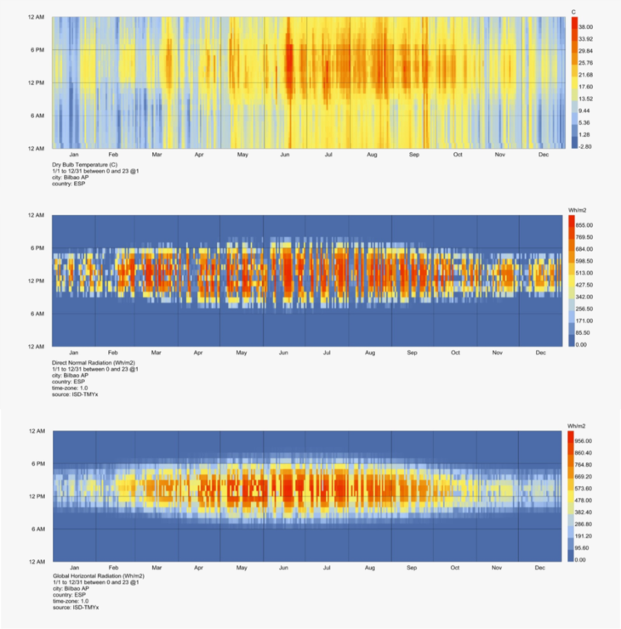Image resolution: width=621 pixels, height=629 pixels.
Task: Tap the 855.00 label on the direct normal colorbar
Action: tap(590, 225)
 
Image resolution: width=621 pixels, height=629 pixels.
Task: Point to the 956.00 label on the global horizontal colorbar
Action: tap(590, 441)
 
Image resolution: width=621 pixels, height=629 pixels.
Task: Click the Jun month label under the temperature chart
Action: tap(286, 155)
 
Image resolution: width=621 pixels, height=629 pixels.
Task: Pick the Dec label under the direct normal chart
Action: tap(541, 353)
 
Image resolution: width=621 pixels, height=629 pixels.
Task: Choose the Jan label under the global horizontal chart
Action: tap(73, 568)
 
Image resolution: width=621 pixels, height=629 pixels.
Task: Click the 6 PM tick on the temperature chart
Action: tap(37, 50)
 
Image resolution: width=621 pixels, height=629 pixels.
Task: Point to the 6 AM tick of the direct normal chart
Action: tap(37, 314)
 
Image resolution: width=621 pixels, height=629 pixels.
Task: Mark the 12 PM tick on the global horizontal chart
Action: tap(37, 496)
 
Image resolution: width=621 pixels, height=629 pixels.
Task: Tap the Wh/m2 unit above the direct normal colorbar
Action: tap(578, 209)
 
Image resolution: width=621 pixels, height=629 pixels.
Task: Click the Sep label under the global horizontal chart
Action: tap(413, 568)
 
